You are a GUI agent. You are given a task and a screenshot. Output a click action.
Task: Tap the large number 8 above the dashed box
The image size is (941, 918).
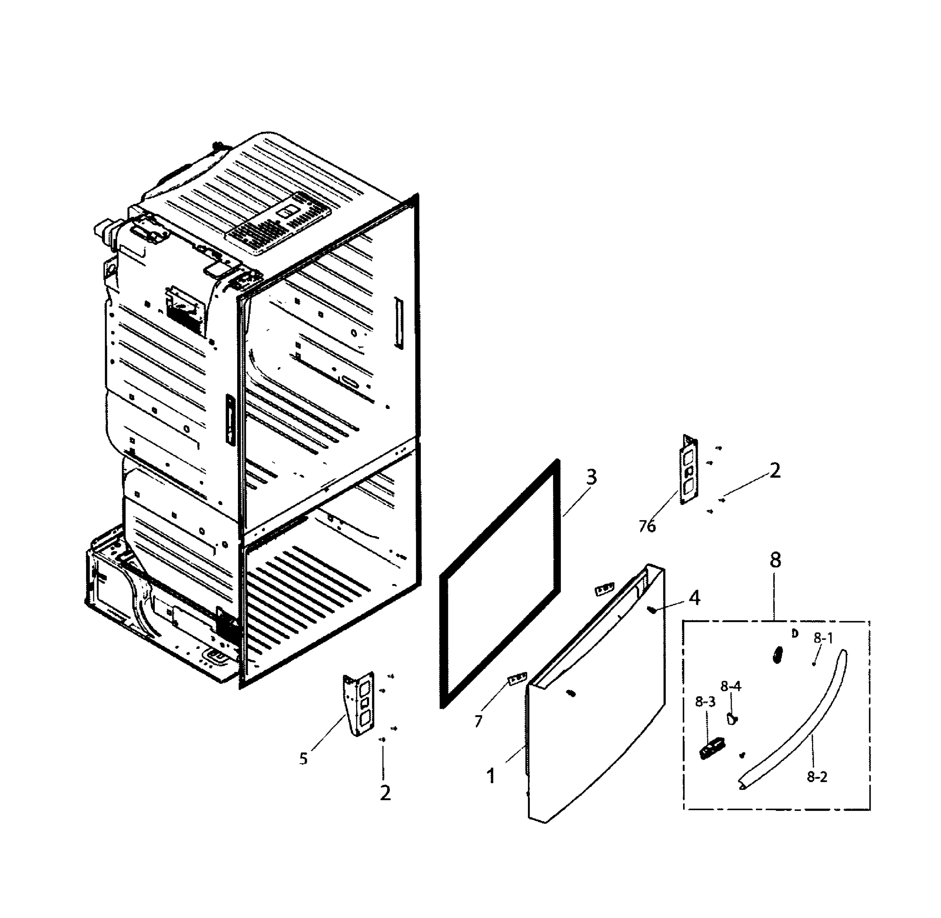tap(775, 560)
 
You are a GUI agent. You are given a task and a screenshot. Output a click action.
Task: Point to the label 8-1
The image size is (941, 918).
tap(823, 638)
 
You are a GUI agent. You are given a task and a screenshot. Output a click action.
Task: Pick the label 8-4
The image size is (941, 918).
tap(731, 686)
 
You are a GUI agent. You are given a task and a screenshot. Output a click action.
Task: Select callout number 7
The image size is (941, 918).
tap(478, 721)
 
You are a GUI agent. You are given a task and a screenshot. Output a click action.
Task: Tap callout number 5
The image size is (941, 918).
tap(303, 759)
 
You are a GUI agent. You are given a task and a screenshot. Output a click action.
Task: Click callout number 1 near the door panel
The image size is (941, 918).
tap(491, 776)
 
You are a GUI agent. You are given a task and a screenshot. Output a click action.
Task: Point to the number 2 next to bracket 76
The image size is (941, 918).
tap(775, 470)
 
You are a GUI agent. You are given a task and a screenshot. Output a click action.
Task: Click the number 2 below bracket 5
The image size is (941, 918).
tap(385, 793)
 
